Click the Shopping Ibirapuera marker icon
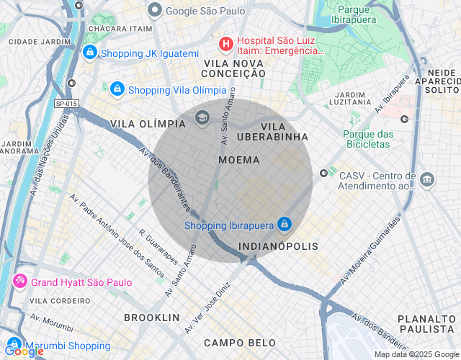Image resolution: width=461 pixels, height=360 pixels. point(285,225)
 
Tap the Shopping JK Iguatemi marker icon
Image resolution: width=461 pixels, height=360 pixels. point(90,53)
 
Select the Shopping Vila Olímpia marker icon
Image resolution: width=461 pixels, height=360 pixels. point(117,89)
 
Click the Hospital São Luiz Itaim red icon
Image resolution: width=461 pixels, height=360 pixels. point(226,44)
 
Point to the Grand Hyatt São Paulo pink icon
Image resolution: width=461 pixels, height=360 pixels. point(19,282)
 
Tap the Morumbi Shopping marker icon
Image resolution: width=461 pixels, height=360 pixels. point(14,345)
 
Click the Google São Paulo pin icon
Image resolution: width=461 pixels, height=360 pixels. point(154,10)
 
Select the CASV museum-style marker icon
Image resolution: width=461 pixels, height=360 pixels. point(427,179)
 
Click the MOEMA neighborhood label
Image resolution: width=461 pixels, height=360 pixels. point(238,160)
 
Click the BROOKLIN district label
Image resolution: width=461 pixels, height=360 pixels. point(151,317)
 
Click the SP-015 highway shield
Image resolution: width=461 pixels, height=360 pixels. point(65,104)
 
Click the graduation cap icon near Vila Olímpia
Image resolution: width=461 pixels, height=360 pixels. point(202,117)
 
